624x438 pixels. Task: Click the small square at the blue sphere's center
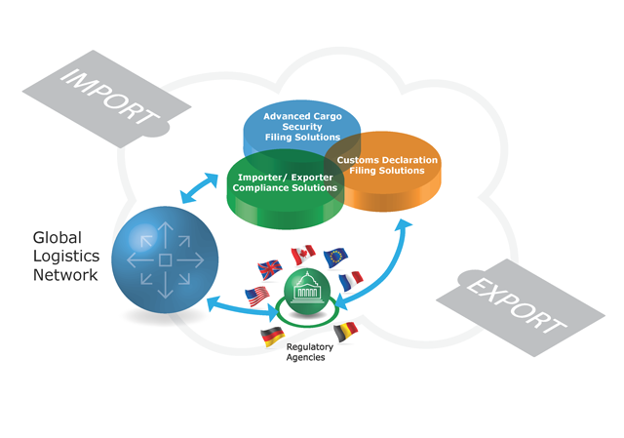[x=165, y=260]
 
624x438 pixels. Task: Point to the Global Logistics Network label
[x=65, y=256]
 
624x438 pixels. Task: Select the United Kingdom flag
[x=269, y=267]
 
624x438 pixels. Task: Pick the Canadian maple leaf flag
[x=303, y=255]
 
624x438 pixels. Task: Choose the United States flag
[x=257, y=294]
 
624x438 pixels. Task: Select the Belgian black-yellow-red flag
[x=345, y=332]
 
